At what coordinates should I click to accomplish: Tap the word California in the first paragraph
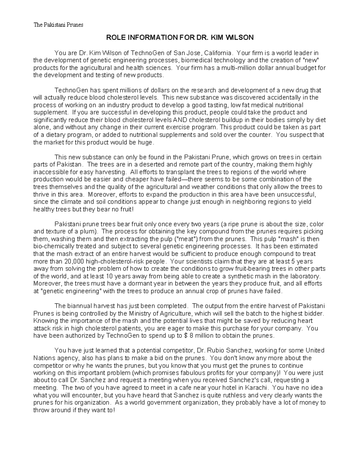click(x=218, y=53)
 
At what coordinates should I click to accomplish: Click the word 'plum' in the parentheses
click(x=91, y=232)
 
